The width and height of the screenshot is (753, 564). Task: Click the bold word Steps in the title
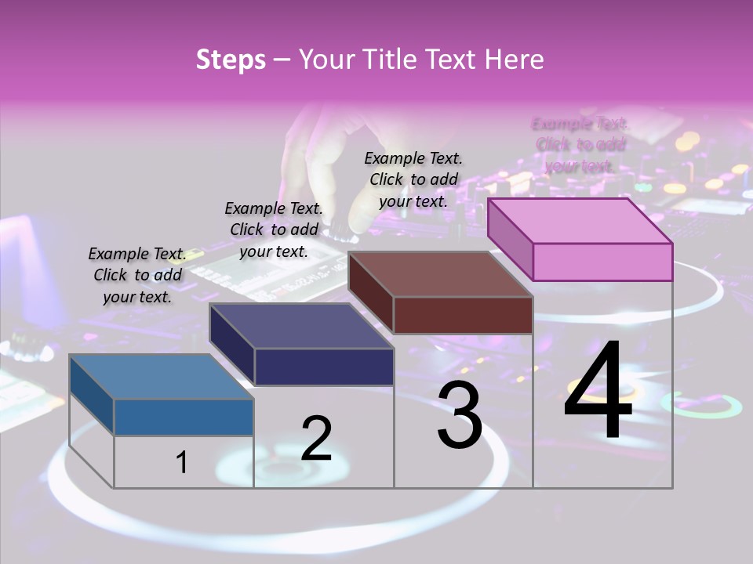point(231,60)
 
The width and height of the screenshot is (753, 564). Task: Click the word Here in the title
point(515,60)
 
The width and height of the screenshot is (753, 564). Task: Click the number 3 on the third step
point(460,415)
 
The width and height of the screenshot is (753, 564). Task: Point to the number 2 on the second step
point(316,438)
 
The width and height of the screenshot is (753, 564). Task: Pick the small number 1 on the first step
point(182,462)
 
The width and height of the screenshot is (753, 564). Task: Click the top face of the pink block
point(580,220)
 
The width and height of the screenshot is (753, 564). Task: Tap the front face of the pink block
point(602,262)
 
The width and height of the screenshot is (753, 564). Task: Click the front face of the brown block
point(463,315)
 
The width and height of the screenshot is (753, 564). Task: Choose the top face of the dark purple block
point(302,326)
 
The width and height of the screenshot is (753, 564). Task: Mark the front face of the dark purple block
point(324,367)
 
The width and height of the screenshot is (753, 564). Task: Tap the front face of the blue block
point(184,417)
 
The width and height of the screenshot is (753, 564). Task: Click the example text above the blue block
point(137,275)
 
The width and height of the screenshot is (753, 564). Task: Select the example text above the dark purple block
point(274,230)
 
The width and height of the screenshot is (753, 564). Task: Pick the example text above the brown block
point(413,179)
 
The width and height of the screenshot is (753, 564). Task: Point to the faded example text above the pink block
point(580,144)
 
